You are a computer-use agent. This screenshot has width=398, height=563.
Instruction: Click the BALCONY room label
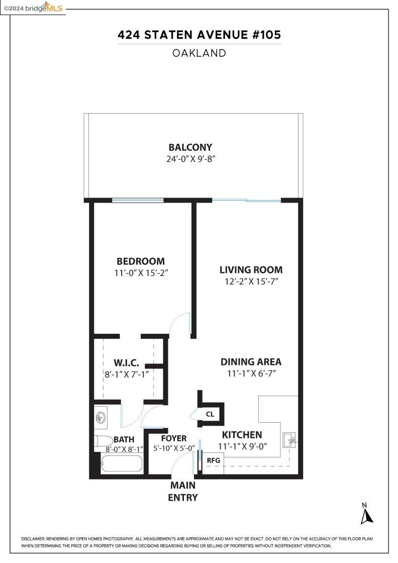(190, 147)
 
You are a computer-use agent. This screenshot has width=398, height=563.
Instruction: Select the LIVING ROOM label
(251, 269)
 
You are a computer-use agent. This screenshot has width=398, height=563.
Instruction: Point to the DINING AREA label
(251, 361)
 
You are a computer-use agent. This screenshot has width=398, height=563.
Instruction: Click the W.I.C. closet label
(126, 363)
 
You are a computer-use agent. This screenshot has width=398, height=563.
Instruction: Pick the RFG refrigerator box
(214, 460)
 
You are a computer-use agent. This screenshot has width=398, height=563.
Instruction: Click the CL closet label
(210, 414)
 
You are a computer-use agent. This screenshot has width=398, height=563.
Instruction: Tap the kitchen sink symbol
(289, 440)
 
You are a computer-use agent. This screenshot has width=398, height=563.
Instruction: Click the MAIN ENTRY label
(182, 492)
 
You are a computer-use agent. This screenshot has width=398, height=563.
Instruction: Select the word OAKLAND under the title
(199, 53)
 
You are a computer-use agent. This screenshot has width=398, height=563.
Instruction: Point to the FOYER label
(173, 438)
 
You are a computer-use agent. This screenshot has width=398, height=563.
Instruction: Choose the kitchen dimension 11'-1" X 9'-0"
(242, 446)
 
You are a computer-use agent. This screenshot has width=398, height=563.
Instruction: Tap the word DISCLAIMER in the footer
(33, 539)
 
